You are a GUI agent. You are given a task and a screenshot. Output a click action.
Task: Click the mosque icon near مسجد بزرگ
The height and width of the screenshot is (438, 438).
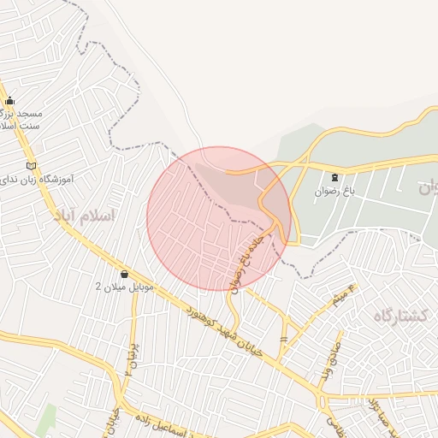pos(9,100)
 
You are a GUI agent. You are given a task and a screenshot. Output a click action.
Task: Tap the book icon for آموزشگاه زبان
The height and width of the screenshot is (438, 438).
pos(32,165)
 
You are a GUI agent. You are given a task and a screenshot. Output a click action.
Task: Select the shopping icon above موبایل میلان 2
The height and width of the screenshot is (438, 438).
pos(125,274)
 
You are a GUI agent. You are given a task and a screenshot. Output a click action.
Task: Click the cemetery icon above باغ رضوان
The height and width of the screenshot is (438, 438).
pos(334,177)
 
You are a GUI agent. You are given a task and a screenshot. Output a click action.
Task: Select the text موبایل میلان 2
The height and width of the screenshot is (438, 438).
pos(124,287)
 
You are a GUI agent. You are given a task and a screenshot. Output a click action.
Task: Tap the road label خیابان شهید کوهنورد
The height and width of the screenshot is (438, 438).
pos(225,323)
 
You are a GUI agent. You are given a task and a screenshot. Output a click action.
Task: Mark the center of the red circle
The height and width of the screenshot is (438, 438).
pos(219,218)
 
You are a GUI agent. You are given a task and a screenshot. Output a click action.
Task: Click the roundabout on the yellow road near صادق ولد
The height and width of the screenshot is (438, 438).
pos(322,399)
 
